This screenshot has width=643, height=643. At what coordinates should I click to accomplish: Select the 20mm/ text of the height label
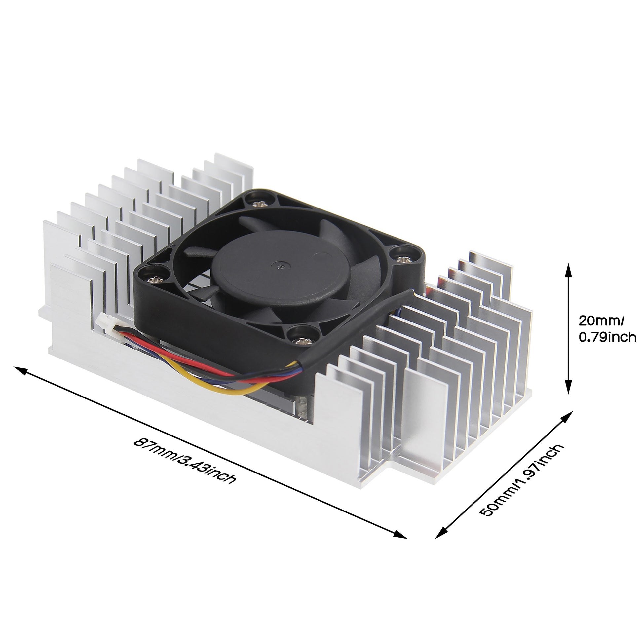point(601,321)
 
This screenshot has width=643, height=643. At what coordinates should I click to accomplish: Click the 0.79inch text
point(607,337)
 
